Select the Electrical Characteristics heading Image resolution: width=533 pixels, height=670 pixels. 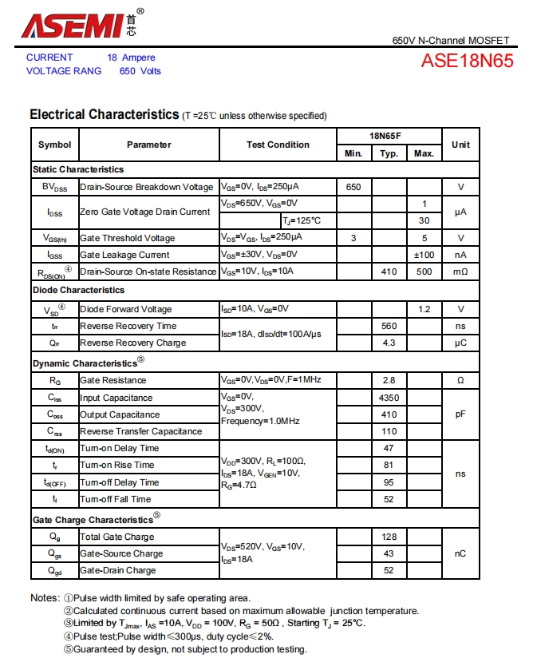(x=104, y=115)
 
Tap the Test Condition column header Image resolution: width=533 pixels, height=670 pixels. (x=278, y=145)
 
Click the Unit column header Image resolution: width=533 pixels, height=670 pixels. (x=460, y=145)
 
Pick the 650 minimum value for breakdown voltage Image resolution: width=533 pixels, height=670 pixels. (x=353, y=187)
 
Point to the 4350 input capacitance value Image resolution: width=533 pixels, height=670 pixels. (x=389, y=398)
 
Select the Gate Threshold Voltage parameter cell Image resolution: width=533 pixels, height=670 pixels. (x=128, y=238)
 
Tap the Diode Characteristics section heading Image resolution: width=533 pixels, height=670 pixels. (x=79, y=290)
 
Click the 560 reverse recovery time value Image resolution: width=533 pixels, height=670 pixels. (x=389, y=326)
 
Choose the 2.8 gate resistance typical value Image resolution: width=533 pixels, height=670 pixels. (x=389, y=381)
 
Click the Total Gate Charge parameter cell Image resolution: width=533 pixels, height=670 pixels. (x=117, y=537)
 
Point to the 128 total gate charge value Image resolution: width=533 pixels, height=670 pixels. (x=389, y=537)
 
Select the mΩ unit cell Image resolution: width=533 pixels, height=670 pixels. (x=460, y=272)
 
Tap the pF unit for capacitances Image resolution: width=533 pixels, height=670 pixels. (x=460, y=414)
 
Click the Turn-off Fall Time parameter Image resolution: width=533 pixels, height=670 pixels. (x=116, y=499)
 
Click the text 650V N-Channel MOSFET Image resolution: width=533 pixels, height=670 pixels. (x=450, y=41)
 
